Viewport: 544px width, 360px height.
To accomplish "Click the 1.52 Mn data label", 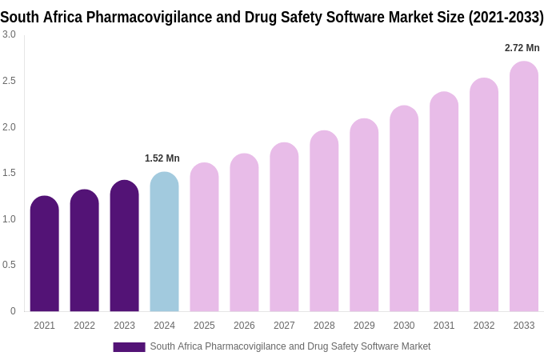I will (162, 158).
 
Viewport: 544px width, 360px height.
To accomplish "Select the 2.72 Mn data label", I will (522, 48).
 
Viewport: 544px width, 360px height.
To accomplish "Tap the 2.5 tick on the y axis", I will (9, 81).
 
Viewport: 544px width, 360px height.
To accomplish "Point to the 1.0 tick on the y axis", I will (9, 219).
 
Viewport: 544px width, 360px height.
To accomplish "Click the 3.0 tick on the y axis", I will (9, 34).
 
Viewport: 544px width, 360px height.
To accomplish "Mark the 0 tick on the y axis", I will (12, 311).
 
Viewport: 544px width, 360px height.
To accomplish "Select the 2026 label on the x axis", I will (244, 326).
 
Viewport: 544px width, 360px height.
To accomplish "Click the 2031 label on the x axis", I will (444, 326).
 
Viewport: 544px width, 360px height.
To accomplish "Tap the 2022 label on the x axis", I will (84, 326).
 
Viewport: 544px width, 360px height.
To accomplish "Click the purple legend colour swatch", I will (129, 347).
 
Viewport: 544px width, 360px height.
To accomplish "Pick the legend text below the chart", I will (290, 346).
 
